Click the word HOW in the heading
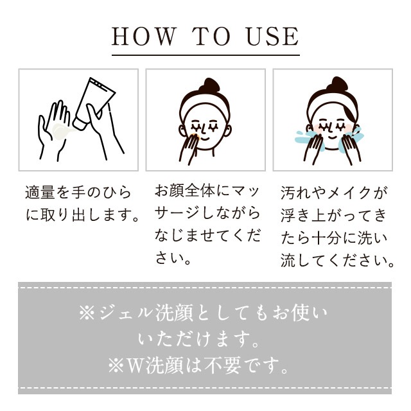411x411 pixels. point(144,37)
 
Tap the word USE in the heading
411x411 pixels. point(272,37)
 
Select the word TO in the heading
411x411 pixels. point(211,37)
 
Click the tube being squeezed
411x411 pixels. point(94,103)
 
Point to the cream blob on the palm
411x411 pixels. point(62,131)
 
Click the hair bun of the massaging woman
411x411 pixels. point(209,85)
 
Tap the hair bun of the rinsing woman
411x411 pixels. point(337,84)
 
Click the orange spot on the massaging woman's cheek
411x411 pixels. point(196,136)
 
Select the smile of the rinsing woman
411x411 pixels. point(333,137)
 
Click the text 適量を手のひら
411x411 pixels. point(78,193)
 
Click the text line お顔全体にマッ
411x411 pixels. point(207,191)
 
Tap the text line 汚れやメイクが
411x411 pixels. point(334,193)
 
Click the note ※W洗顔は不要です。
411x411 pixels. point(198,365)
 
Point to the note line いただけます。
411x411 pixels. point(198,339)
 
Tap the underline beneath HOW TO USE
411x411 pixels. point(205,55)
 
